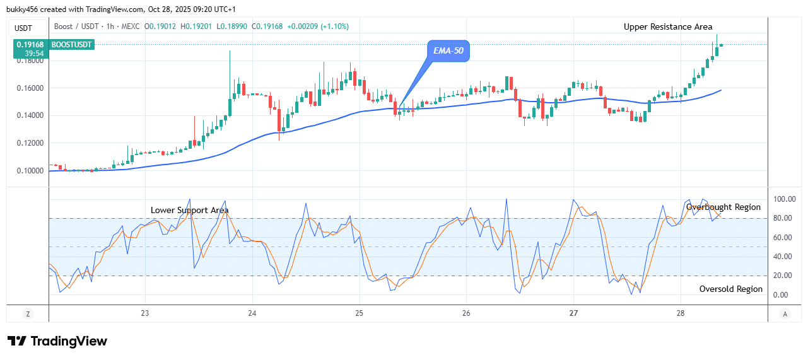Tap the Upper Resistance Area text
pyautogui.click(x=668, y=26)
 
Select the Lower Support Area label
pyautogui.click(x=189, y=210)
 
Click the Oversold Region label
pyautogui.click(x=730, y=289)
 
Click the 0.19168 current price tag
pyautogui.click(x=30, y=45)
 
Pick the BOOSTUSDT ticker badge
pyautogui.click(x=72, y=45)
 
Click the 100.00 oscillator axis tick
pyautogui.click(x=785, y=199)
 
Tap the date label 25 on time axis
pyautogui.click(x=359, y=313)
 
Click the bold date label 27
pyautogui.click(x=573, y=313)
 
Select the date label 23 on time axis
pyautogui.click(x=144, y=313)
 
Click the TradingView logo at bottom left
pyautogui.click(x=57, y=341)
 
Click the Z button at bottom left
pyautogui.click(x=28, y=313)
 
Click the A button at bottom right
pyautogui.click(x=785, y=313)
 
